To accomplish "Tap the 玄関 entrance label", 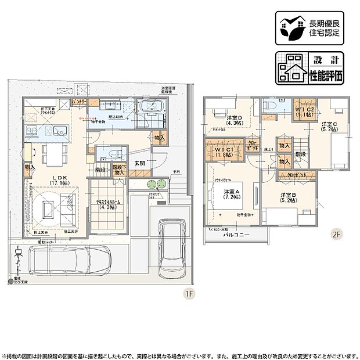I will [x=140, y=164].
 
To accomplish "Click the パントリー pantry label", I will [x=79, y=102].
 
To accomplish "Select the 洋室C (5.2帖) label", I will [x=329, y=128].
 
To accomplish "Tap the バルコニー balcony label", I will [x=237, y=236].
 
